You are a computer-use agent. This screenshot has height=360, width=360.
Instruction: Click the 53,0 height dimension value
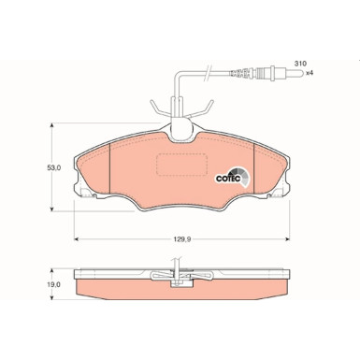[x=53, y=168]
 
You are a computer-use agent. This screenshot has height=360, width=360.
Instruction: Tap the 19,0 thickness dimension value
[x=53, y=286]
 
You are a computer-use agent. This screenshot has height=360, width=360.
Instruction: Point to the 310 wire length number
[x=300, y=63]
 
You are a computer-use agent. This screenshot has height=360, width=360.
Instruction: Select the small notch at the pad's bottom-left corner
[x=85, y=196]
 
